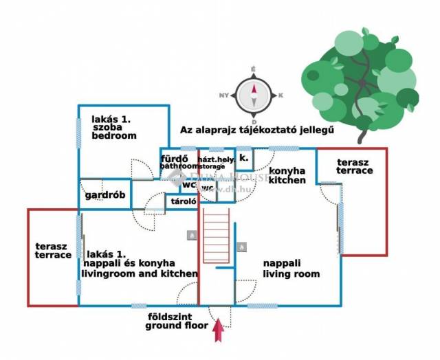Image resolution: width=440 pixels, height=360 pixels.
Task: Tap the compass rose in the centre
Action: tap(254, 90)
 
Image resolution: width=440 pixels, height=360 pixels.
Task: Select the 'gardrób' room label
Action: tap(105, 194)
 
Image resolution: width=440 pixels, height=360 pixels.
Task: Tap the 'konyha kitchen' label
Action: tap(287, 175)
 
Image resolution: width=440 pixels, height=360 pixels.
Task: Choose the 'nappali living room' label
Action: tap(291, 268)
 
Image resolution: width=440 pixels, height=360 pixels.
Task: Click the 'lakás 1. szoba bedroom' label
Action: tap(113, 127)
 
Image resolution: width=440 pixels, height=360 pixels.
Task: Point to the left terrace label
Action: tap(53, 249)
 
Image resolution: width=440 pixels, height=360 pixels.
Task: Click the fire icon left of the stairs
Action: tap(190, 235)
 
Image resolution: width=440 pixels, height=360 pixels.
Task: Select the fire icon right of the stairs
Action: tap(241, 247)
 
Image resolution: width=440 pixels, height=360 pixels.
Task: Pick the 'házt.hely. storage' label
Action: tap(216, 162)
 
